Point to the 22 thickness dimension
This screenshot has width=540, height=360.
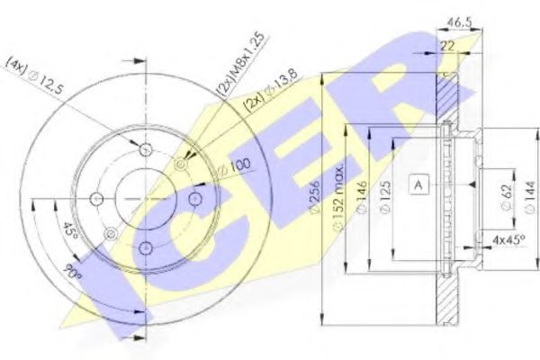pyautogui.click(x=447, y=44)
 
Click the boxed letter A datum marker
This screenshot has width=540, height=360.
pyautogui.click(x=418, y=184)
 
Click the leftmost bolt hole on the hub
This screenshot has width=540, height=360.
pyautogui.click(x=97, y=197)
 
